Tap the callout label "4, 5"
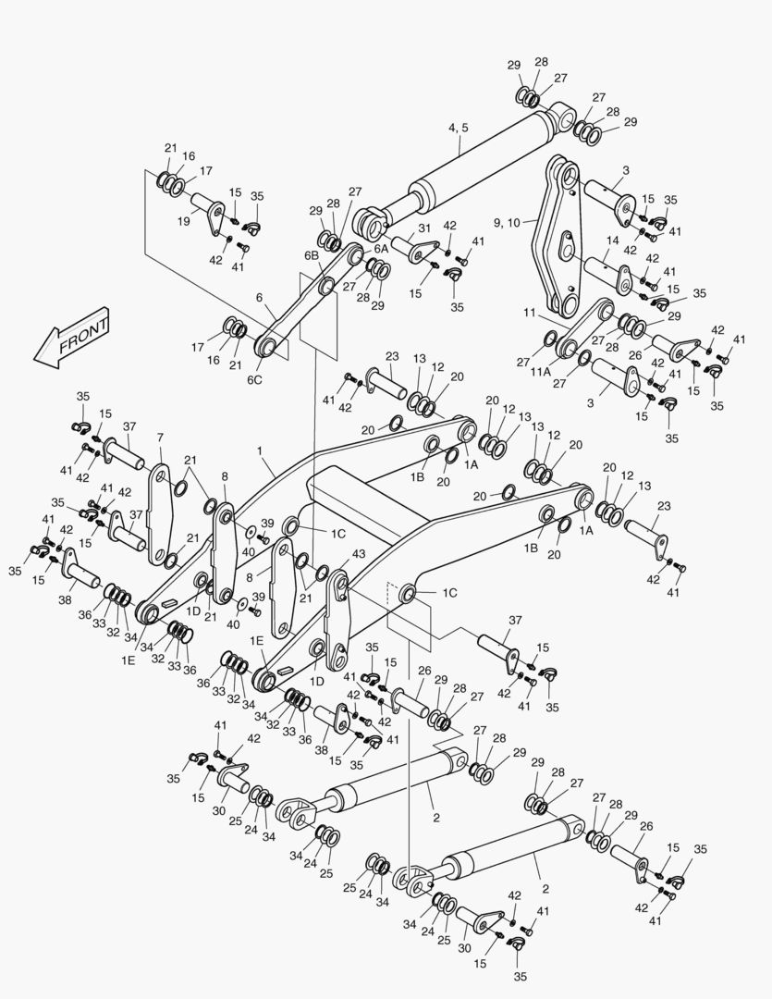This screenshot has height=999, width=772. tap(459, 128)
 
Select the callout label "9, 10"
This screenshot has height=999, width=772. tap(509, 222)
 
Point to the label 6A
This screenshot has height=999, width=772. tap(381, 249)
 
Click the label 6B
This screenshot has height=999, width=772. tap(310, 255)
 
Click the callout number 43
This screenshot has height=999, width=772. tap(359, 553)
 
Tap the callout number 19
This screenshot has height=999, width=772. tap(184, 221)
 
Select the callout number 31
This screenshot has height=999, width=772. tap(424, 228)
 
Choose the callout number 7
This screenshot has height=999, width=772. tap(160, 437)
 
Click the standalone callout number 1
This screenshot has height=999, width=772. tap(261, 450)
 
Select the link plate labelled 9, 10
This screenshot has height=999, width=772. tap(560, 236)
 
